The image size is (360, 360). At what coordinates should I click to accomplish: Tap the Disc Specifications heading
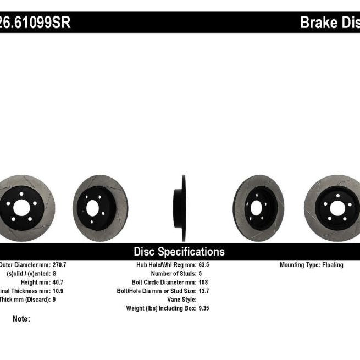(x=179, y=252)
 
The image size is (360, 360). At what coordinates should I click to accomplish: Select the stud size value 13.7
(x=204, y=291)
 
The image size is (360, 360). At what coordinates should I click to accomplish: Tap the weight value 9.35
(x=204, y=308)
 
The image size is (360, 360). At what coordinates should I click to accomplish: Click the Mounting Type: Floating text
(x=311, y=265)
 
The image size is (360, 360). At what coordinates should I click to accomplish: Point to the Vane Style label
(x=181, y=300)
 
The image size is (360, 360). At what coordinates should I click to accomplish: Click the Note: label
(x=21, y=319)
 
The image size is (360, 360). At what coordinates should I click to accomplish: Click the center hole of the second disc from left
(x=93, y=208)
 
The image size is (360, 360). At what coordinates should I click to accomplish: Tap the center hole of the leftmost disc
(x=21, y=208)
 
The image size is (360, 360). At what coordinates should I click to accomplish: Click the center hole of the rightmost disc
(x=337, y=208)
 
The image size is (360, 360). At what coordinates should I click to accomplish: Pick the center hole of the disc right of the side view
(x=255, y=208)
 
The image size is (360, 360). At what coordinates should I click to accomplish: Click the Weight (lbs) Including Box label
(x=160, y=308)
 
